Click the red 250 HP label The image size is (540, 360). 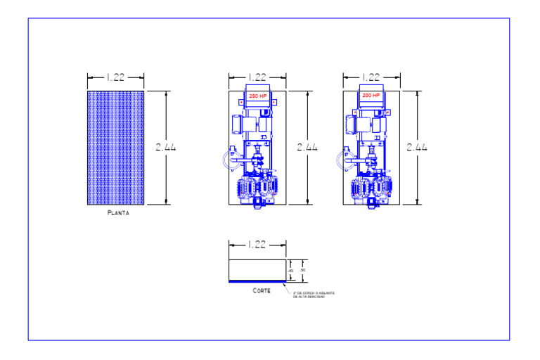[258, 96]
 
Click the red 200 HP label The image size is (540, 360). [371, 95]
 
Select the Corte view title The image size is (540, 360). [262, 290]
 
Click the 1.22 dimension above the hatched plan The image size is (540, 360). [115, 77]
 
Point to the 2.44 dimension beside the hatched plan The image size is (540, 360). [165, 148]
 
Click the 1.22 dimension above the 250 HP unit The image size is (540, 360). [257, 77]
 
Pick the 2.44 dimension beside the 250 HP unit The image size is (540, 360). [307, 148]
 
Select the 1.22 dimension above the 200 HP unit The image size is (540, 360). [371, 77]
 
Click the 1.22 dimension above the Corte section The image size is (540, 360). [257, 245]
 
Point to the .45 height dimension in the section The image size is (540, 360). [290, 270]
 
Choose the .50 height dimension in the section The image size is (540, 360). [302, 270]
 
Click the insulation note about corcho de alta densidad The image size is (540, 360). [314, 295]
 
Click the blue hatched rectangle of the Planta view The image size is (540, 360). [115, 148]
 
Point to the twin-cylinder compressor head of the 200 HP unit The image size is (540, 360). [371, 188]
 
